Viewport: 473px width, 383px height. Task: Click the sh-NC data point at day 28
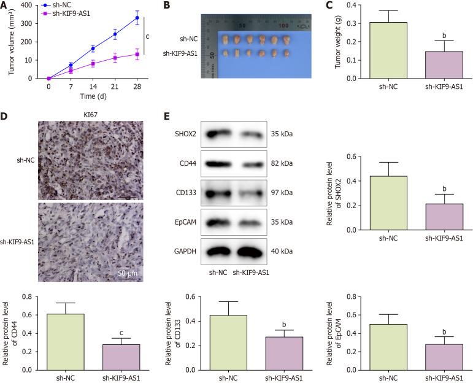coord(137,18)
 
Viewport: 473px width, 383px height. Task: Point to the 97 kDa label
coord(282,193)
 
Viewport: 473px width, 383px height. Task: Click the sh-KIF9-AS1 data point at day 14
coord(93,63)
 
